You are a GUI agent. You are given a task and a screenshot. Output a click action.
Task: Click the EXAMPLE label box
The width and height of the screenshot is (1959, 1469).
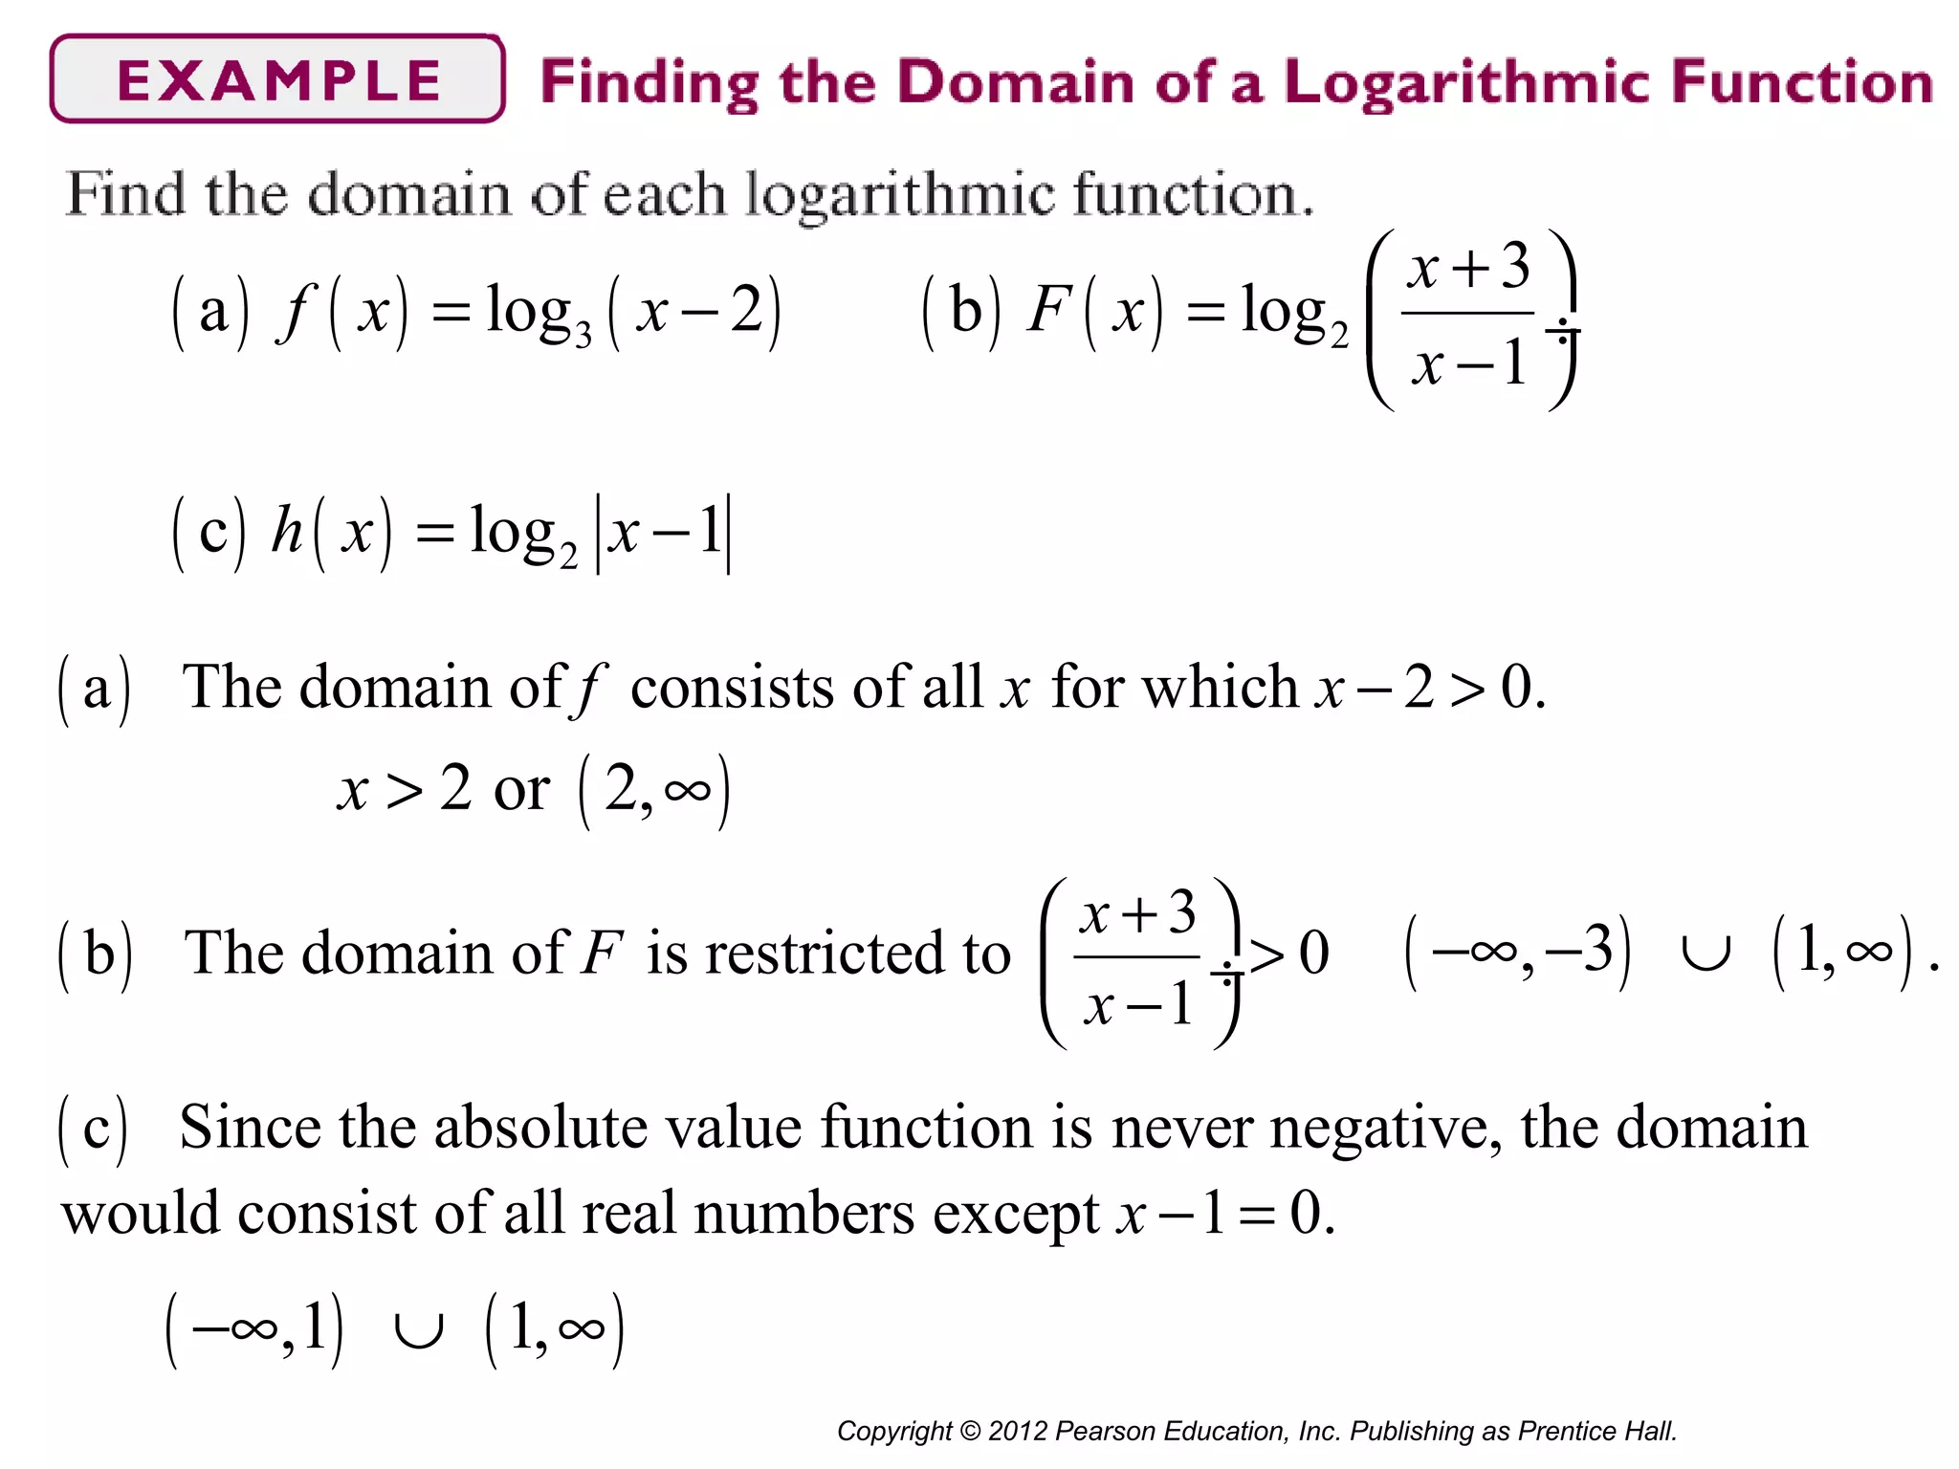tap(277, 79)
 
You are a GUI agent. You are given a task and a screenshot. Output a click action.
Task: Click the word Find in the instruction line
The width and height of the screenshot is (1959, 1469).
tap(125, 194)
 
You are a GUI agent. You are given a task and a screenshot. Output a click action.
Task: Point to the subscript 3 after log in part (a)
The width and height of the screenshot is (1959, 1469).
tap(583, 336)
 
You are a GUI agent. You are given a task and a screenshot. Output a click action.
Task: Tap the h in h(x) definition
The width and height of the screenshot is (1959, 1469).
tap(287, 530)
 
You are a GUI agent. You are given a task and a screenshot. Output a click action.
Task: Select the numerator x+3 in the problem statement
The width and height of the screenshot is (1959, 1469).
tap(1468, 267)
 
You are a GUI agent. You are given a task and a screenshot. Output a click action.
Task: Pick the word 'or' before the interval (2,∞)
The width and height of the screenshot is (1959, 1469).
tap(521, 790)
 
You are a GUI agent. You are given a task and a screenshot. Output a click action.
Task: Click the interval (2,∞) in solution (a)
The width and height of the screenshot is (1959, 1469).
tap(655, 791)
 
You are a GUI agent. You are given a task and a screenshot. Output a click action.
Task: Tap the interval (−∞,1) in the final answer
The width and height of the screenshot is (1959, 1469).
tap(254, 1329)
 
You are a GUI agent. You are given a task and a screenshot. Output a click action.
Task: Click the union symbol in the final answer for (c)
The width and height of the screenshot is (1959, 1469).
tap(419, 1330)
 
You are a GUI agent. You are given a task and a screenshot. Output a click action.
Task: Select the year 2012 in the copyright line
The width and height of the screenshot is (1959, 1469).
tap(1018, 1431)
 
